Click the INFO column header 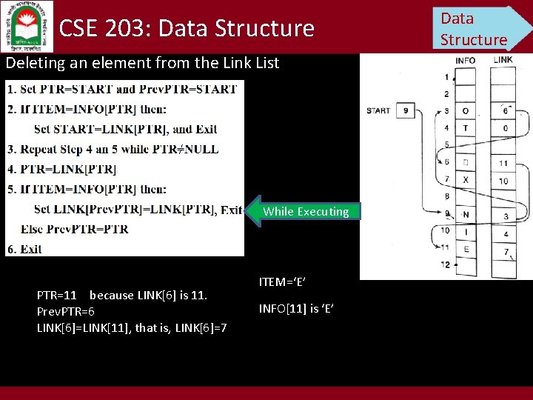click(x=466, y=60)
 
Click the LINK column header click(x=503, y=59)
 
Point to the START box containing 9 click(x=405, y=111)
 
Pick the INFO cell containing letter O click(x=466, y=111)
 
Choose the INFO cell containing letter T click(x=466, y=127)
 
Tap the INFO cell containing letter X click(x=466, y=180)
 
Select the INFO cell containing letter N click(x=466, y=216)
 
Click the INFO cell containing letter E click(x=466, y=250)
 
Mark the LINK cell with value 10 click(x=503, y=181)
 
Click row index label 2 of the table click(x=446, y=94)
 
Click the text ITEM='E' click(x=282, y=281)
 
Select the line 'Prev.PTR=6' click(x=66, y=311)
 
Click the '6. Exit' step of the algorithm click(x=25, y=249)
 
